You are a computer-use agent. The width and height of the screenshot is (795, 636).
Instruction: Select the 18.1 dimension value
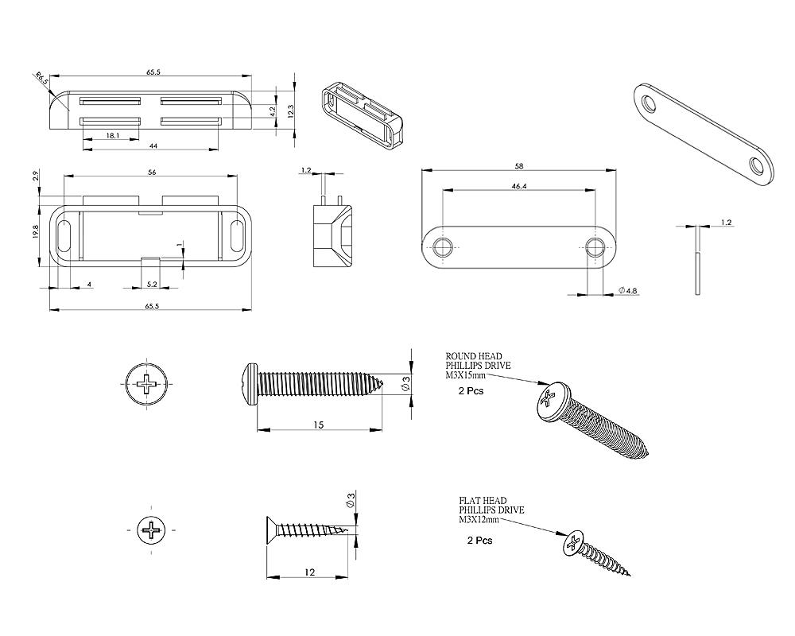(x=113, y=136)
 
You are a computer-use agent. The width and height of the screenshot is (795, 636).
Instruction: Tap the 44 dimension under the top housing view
(x=153, y=146)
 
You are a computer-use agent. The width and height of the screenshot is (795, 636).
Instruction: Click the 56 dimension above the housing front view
(x=151, y=172)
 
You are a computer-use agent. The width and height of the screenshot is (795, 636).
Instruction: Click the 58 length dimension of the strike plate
(x=519, y=166)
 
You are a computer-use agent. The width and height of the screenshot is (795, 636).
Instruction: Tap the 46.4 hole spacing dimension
(x=519, y=186)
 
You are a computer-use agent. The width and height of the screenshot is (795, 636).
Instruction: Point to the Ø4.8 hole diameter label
(x=628, y=292)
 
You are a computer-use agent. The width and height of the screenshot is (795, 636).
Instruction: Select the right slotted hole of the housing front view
(x=236, y=236)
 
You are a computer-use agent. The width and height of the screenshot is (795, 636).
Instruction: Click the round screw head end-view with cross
(x=147, y=386)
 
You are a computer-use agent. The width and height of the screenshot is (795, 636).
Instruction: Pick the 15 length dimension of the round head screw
(x=318, y=425)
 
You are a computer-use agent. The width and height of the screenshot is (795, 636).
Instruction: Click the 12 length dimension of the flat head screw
(x=309, y=572)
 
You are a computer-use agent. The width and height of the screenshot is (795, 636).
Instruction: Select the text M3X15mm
(x=467, y=374)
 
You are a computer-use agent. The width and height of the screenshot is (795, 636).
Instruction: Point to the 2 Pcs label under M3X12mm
(x=479, y=540)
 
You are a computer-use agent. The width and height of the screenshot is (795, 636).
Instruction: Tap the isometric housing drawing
(x=362, y=113)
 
